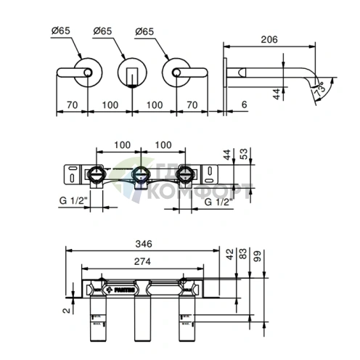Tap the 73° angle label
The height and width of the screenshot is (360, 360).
point(320,89)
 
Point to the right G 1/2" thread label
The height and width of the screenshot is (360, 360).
point(218,201)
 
